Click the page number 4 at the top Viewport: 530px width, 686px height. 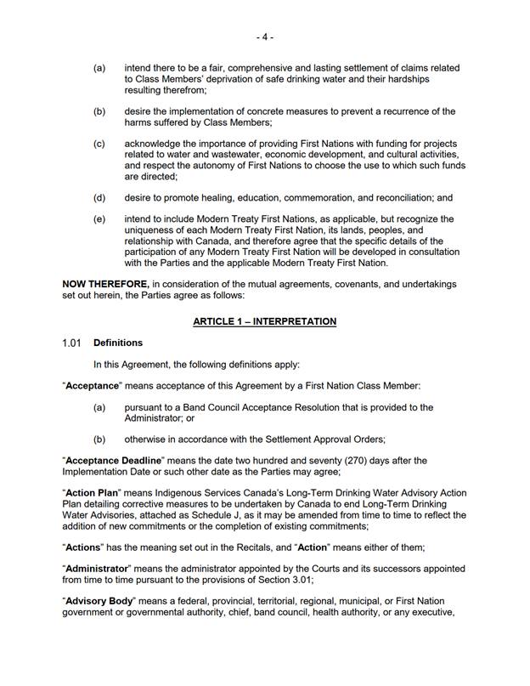264,37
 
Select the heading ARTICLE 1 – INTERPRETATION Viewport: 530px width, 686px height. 264,321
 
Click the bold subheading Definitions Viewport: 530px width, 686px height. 118,343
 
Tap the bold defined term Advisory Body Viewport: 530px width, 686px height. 99,601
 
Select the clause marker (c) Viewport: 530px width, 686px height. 99,145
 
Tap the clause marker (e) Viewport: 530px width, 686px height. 99,219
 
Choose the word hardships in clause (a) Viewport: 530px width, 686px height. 407,79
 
